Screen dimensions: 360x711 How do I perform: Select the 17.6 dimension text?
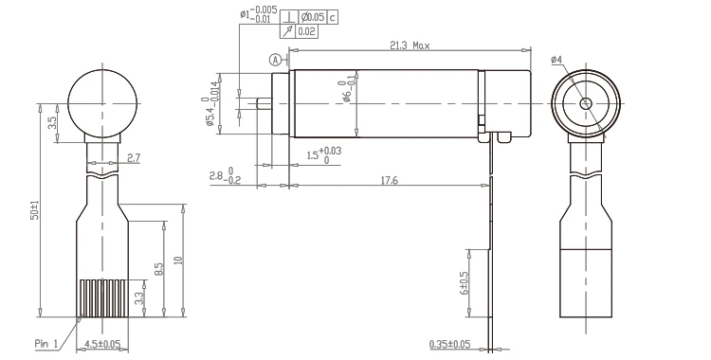click(x=389, y=179)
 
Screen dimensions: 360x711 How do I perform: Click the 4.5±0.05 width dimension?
click(x=102, y=344)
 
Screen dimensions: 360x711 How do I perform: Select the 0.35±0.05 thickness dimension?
click(x=450, y=344)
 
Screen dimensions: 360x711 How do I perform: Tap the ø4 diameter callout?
click(x=557, y=60)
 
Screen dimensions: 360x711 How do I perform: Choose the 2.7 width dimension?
click(x=133, y=157)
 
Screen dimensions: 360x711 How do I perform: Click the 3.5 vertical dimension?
click(x=54, y=121)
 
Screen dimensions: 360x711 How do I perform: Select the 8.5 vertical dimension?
click(x=159, y=270)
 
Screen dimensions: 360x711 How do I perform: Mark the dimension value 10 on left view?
click(x=178, y=261)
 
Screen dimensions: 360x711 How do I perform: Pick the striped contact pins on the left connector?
click(x=101, y=297)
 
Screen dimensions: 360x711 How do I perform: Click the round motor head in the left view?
click(x=102, y=102)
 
